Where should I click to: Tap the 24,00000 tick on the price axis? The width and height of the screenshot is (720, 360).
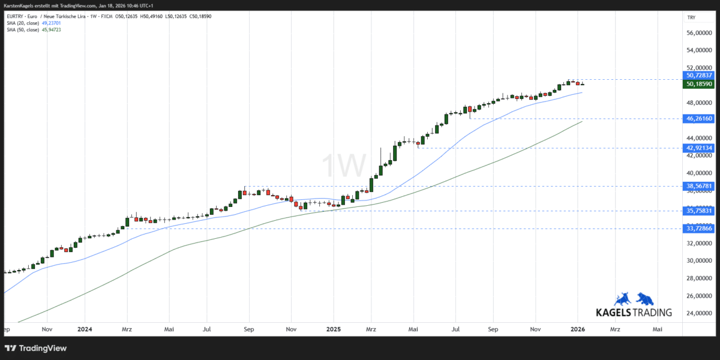(700, 313)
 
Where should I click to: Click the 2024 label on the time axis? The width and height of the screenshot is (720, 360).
(85, 329)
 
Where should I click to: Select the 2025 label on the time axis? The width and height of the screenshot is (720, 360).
(334, 329)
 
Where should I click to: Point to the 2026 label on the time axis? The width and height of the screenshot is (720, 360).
(577, 329)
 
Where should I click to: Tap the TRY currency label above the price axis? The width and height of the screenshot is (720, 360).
(691, 17)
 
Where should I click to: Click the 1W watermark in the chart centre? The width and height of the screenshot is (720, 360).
(344, 164)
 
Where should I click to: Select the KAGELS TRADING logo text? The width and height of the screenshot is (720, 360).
(633, 313)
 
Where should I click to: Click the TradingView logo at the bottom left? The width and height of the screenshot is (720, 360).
(36, 348)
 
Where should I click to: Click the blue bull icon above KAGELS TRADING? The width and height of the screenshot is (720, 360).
(622, 299)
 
